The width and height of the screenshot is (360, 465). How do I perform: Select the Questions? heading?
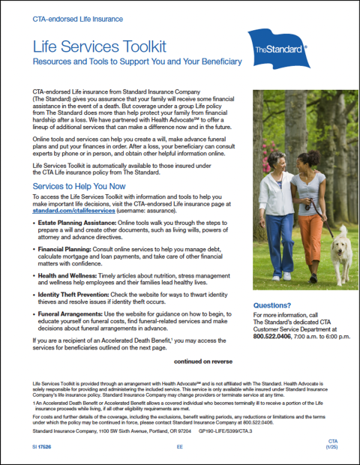273,305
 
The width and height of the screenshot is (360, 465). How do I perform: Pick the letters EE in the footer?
180,446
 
